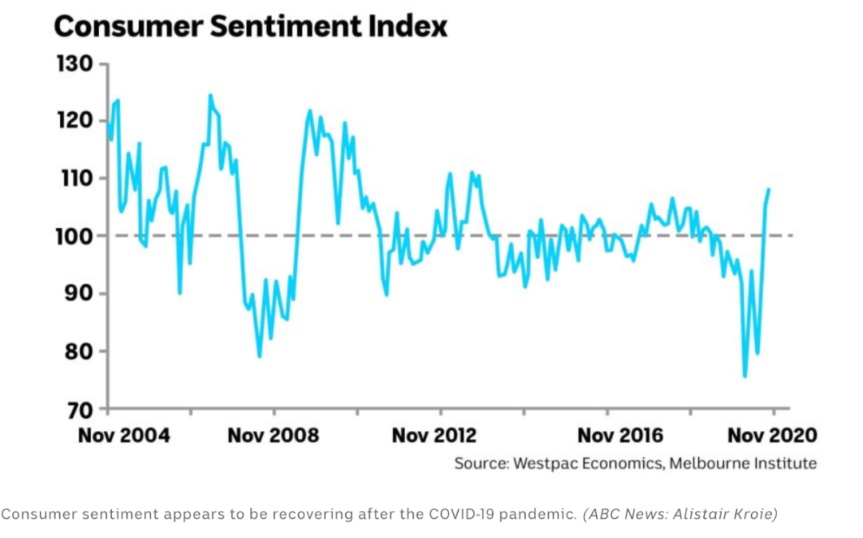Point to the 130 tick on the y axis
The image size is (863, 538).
(74, 63)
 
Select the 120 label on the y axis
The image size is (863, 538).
(74, 121)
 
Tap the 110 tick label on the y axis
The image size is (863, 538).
(74, 178)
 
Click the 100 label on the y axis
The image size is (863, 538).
(74, 236)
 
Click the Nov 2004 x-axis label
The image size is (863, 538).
(124, 436)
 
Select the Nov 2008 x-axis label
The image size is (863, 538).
(273, 436)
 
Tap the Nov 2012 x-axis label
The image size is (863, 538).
(434, 436)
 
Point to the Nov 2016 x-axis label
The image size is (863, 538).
(620, 436)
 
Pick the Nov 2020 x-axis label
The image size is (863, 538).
(772, 436)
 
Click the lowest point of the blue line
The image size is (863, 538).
(745, 377)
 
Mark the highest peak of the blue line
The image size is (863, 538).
(210, 95)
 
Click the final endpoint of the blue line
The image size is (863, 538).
(769, 189)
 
